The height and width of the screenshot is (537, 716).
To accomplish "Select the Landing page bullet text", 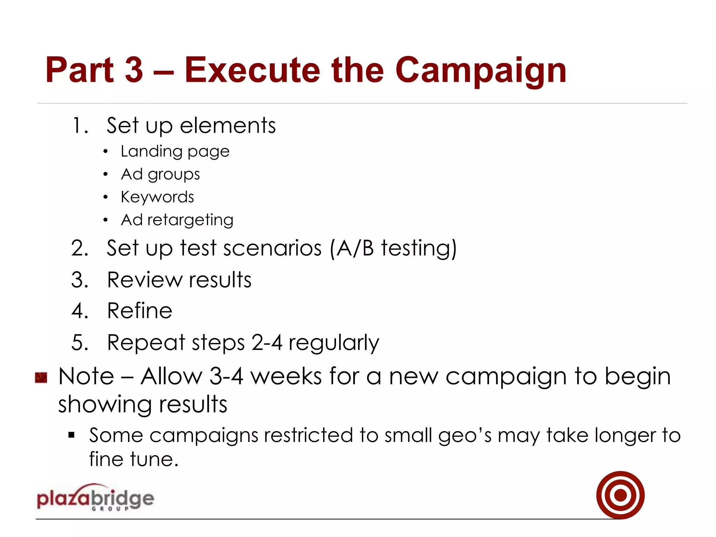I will tap(175, 152).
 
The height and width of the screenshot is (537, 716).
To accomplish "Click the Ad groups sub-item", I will tap(160, 174).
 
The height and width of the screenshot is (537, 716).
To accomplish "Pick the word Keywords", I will tap(157, 197).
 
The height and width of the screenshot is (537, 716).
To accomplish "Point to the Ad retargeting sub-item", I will tap(177, 220).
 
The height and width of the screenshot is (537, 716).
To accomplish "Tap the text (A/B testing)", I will tap(393, 248).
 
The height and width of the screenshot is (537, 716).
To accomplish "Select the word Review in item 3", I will tap(145, 280).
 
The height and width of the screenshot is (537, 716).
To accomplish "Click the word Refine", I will tap(139, 311).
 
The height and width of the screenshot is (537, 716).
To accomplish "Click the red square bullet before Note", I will tap(41, 378).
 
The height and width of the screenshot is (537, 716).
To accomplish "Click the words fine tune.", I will tap(134, 459).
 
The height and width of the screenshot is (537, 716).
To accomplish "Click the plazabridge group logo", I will tap(95, 498).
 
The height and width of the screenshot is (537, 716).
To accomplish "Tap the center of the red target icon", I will tap(620, 495).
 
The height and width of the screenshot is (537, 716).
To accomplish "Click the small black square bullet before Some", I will tap(72, 435).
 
